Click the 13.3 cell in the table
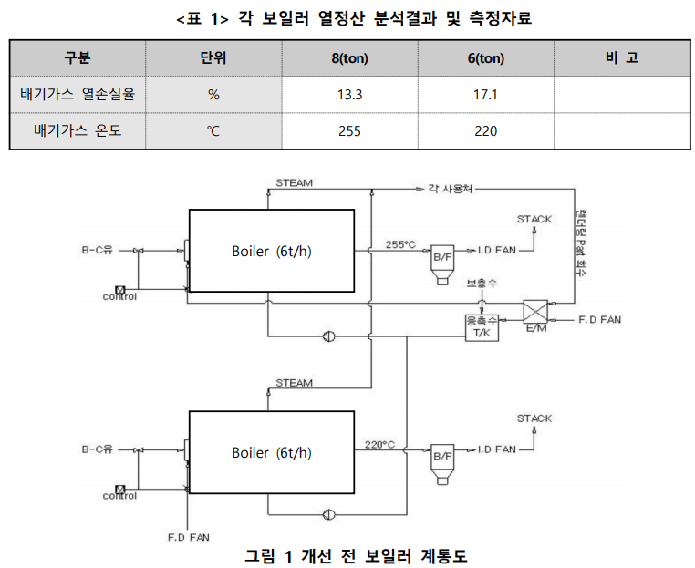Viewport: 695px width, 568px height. [x=348, y=94]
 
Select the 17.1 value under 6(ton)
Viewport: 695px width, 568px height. [x=485, y=94]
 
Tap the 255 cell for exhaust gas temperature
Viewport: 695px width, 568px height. [x=348, y=130]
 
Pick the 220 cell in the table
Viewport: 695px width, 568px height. [x=485, y=130]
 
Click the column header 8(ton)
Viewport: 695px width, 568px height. [x=348, y=58]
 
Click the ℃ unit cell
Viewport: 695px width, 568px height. [x=213, y=130]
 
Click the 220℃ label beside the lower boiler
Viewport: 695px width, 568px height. [x=380, y=444]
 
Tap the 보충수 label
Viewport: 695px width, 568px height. [x=481, y=284]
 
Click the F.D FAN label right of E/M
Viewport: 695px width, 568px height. [x=601, y=320]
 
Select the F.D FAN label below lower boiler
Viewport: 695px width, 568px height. [x=189, y=536]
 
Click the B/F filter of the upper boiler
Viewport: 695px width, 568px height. [x=442, y=259]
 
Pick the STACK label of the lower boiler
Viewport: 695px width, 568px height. [x=534, y=418]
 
